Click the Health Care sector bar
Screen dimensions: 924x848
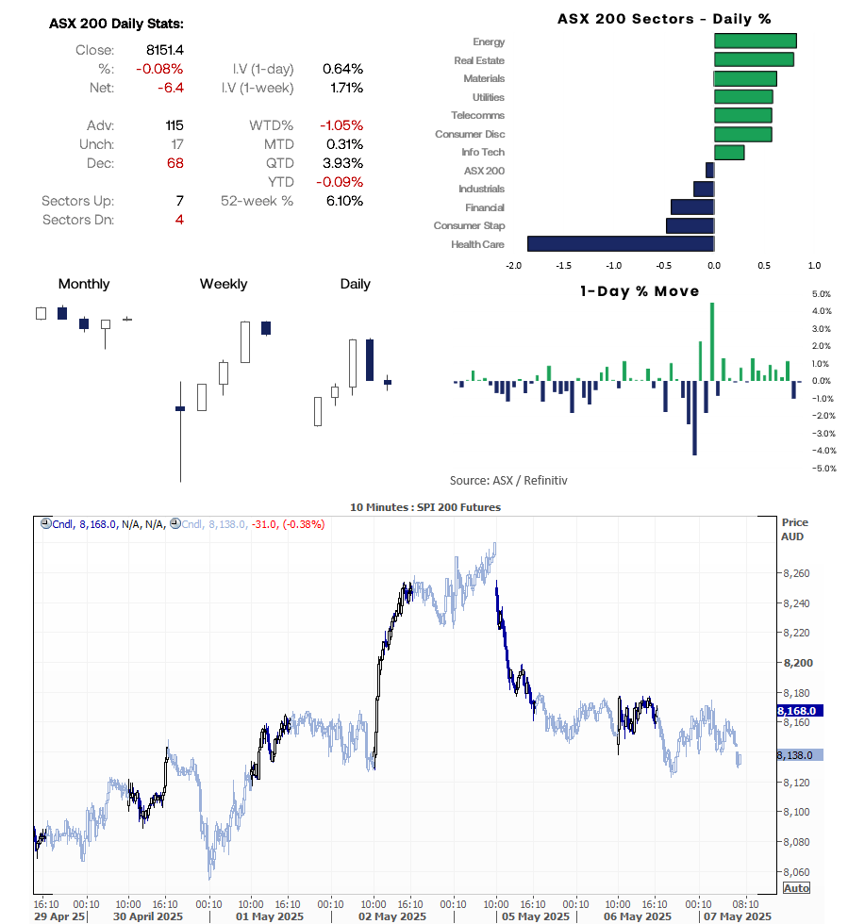620,244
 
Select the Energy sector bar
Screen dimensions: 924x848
755,41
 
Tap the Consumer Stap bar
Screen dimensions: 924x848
690,226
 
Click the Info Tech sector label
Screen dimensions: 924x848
482,152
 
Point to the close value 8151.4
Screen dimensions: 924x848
165,50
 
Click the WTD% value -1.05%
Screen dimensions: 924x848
341,125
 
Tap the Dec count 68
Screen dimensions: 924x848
174,163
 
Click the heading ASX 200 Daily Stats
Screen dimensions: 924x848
117,24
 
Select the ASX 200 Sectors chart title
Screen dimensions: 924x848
664,19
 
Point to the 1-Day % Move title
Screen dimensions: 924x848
640,291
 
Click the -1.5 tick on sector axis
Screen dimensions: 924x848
564,265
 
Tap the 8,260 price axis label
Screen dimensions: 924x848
797,573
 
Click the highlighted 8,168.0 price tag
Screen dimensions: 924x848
800,710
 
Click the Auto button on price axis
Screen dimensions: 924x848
796,888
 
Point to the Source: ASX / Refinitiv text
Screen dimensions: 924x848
508,480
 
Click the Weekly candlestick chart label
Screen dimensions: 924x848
224,284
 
